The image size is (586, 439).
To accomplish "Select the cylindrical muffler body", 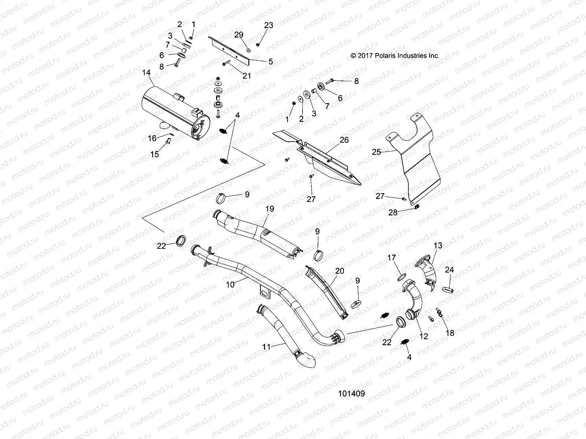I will tap(172, 110).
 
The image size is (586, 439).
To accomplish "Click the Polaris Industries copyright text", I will tap(395, 56).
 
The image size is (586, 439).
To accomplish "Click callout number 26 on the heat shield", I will tap(344, 140).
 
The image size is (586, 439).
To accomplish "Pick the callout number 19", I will tap(270, 209).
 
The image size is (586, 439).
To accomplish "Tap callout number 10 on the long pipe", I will tap(230, 284).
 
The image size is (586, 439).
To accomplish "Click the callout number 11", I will tap(266, 346).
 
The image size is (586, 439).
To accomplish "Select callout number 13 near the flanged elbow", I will tap(438, 245).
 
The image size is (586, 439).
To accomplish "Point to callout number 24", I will tap(449, 270).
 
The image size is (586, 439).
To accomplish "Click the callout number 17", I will tap(392, 258).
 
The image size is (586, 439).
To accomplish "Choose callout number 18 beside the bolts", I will tap(450, 333).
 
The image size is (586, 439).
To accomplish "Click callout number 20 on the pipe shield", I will tap(340, 271).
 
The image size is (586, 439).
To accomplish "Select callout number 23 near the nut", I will tap(269, 25).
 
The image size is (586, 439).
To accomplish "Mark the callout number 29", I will tap(239, 35).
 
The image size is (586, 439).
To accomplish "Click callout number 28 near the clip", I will tap(393, 213).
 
